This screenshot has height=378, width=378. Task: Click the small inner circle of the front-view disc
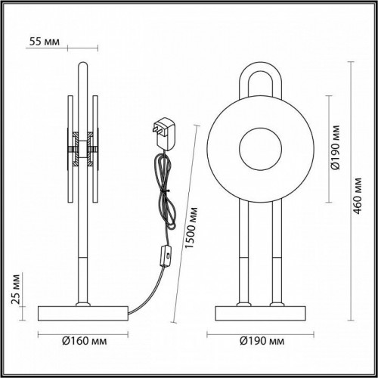(x=259, y=147)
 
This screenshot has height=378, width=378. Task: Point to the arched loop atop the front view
(x=259, y=79)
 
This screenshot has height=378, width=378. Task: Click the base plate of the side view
(x=82, y=312)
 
